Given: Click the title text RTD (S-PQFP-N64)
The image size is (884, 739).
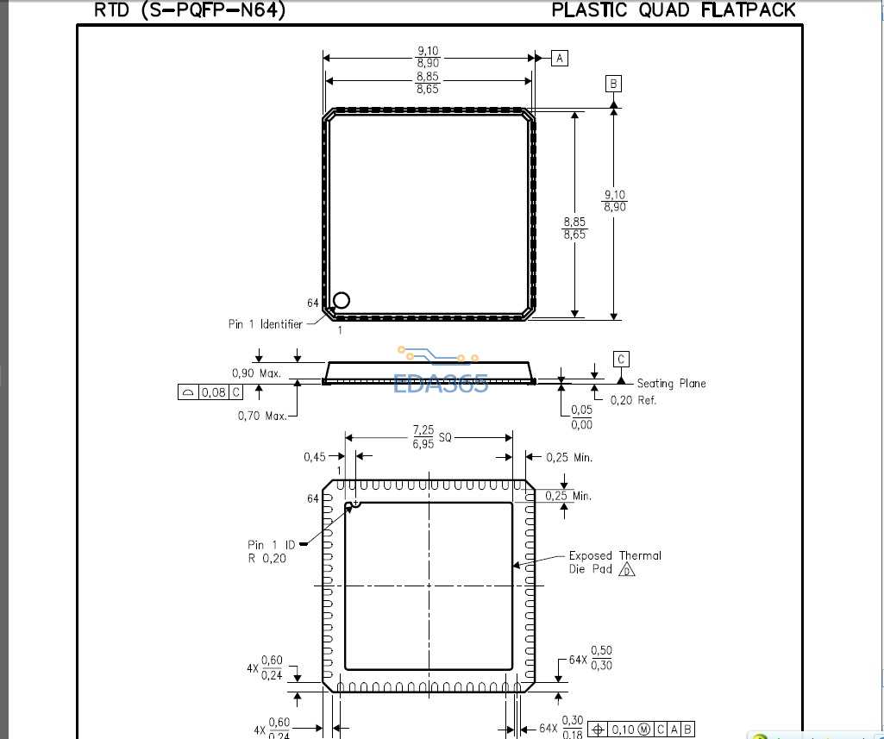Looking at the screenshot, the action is coord(190,9).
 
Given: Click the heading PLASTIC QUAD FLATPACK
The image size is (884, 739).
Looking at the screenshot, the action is coord(674,9).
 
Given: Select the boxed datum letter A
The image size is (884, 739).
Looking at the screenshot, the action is coord(559,58).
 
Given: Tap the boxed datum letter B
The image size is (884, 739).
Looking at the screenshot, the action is coord(613,84).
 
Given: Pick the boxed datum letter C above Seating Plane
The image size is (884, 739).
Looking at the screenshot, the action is coord(621,359).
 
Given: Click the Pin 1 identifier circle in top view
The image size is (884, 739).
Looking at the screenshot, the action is coord(341,300).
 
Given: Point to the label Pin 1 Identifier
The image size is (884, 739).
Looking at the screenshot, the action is coord(265,324).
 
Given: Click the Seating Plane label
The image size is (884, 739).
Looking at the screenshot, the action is coord(671,384).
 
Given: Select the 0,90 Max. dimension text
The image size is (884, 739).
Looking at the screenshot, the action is coord(256,373).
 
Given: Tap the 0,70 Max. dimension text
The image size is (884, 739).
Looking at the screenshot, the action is coord(262,416).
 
